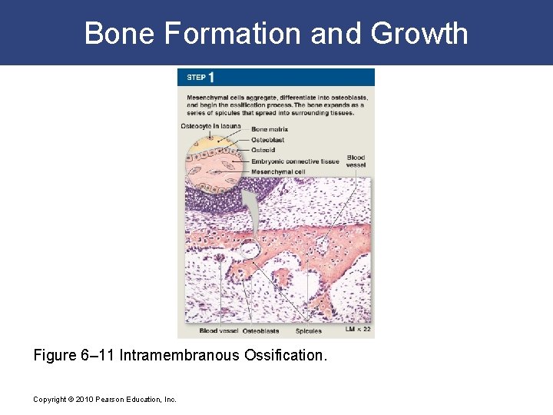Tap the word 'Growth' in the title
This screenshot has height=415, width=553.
[419, 34]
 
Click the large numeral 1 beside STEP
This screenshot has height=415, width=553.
[210, 77]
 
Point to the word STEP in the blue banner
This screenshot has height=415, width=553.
[196, 78]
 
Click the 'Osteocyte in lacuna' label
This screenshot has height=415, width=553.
[210, 126]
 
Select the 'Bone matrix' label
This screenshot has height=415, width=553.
[269, 130]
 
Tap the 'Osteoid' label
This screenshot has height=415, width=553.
[263, 151]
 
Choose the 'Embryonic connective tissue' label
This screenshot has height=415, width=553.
[295, 161]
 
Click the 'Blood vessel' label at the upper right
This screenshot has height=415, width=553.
[356, 161]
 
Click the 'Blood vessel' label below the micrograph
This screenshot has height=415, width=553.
[219, 331]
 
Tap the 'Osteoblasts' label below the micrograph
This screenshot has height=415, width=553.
[260, 331]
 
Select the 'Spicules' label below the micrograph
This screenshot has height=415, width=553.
[309, 331]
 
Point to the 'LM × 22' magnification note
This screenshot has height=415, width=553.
[358, 330]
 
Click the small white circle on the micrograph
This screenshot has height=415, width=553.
[249, 248]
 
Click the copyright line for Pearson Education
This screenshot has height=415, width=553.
[104, 400]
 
